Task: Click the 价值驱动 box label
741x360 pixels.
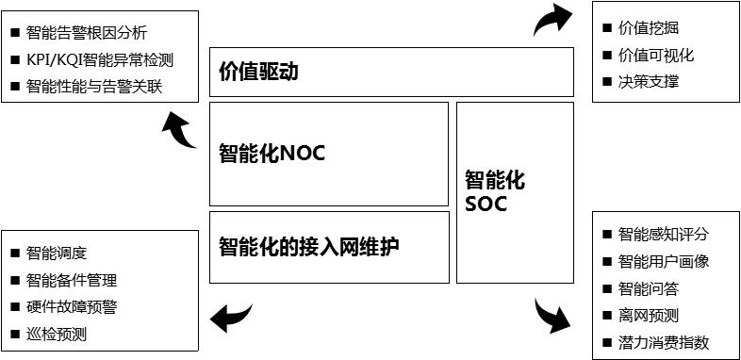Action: tap(258, 72)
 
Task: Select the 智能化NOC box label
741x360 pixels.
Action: tap(272, 153)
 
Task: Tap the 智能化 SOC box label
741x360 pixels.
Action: tap(494, 190)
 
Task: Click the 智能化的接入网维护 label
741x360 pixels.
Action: tap(309, 247)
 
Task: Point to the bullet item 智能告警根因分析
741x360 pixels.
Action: tap(87, 33)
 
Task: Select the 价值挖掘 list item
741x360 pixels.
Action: tap(648, 28)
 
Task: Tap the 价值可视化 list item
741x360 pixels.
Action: tap(655, 55)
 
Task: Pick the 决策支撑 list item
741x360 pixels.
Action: tap(648, 81)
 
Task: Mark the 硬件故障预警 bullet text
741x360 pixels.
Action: tap(72, 306)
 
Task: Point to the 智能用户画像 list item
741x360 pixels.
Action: tap(663, 261)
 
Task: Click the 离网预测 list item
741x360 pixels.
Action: tap(648, 315)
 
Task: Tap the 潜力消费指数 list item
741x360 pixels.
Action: tap(663, 342)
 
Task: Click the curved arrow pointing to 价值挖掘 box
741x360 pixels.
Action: tap(552, 20)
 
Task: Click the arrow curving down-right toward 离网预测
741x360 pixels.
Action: tap(552, 317)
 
